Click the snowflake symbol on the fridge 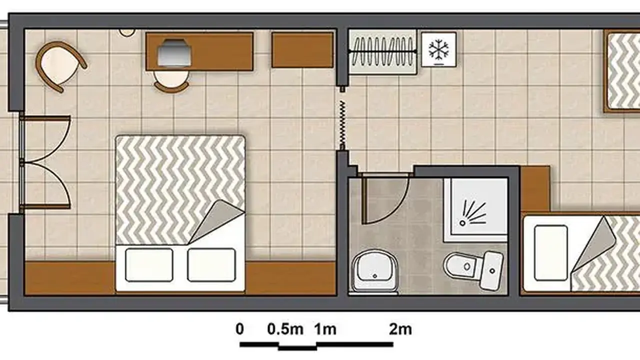click(438, 49)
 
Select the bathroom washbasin click(374, 271)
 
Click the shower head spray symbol click(472, 213)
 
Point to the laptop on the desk click(174, 53)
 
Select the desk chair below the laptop click(171, 81)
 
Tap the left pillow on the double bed click(149, 265)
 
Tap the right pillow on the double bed click(211, 265)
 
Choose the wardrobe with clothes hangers click(382, 51)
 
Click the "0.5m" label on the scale click(285, 329)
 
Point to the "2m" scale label click(400, 329)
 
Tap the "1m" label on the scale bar click(325, 329)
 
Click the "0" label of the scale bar click(239, 329)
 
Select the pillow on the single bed click(550, 253)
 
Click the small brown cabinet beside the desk click(302, 50)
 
